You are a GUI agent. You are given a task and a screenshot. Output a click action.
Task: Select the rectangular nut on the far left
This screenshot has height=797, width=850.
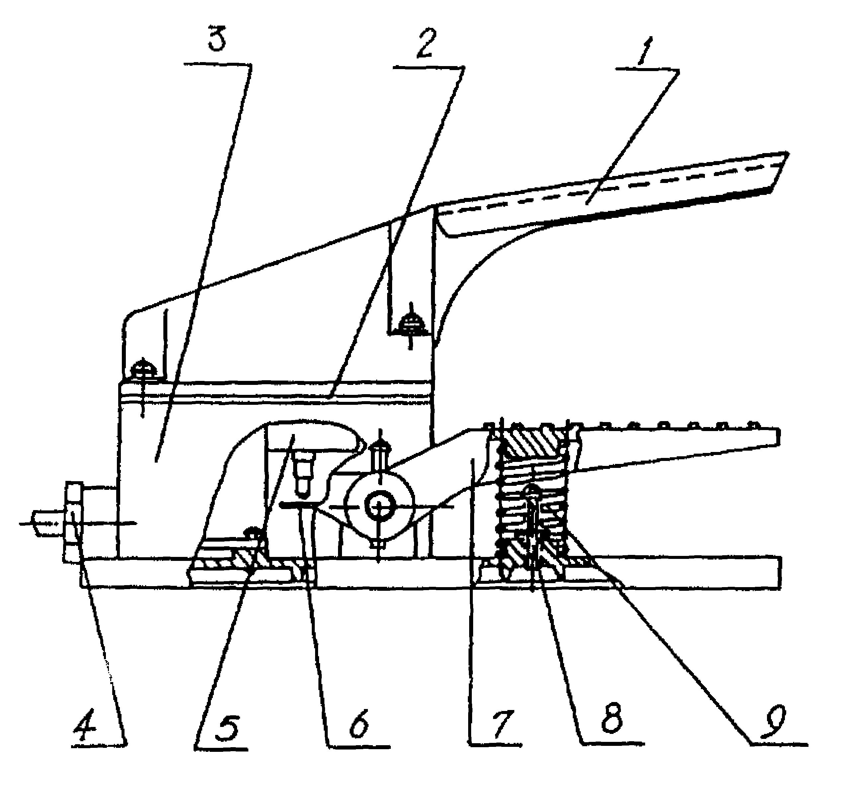[x=74, y=522]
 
